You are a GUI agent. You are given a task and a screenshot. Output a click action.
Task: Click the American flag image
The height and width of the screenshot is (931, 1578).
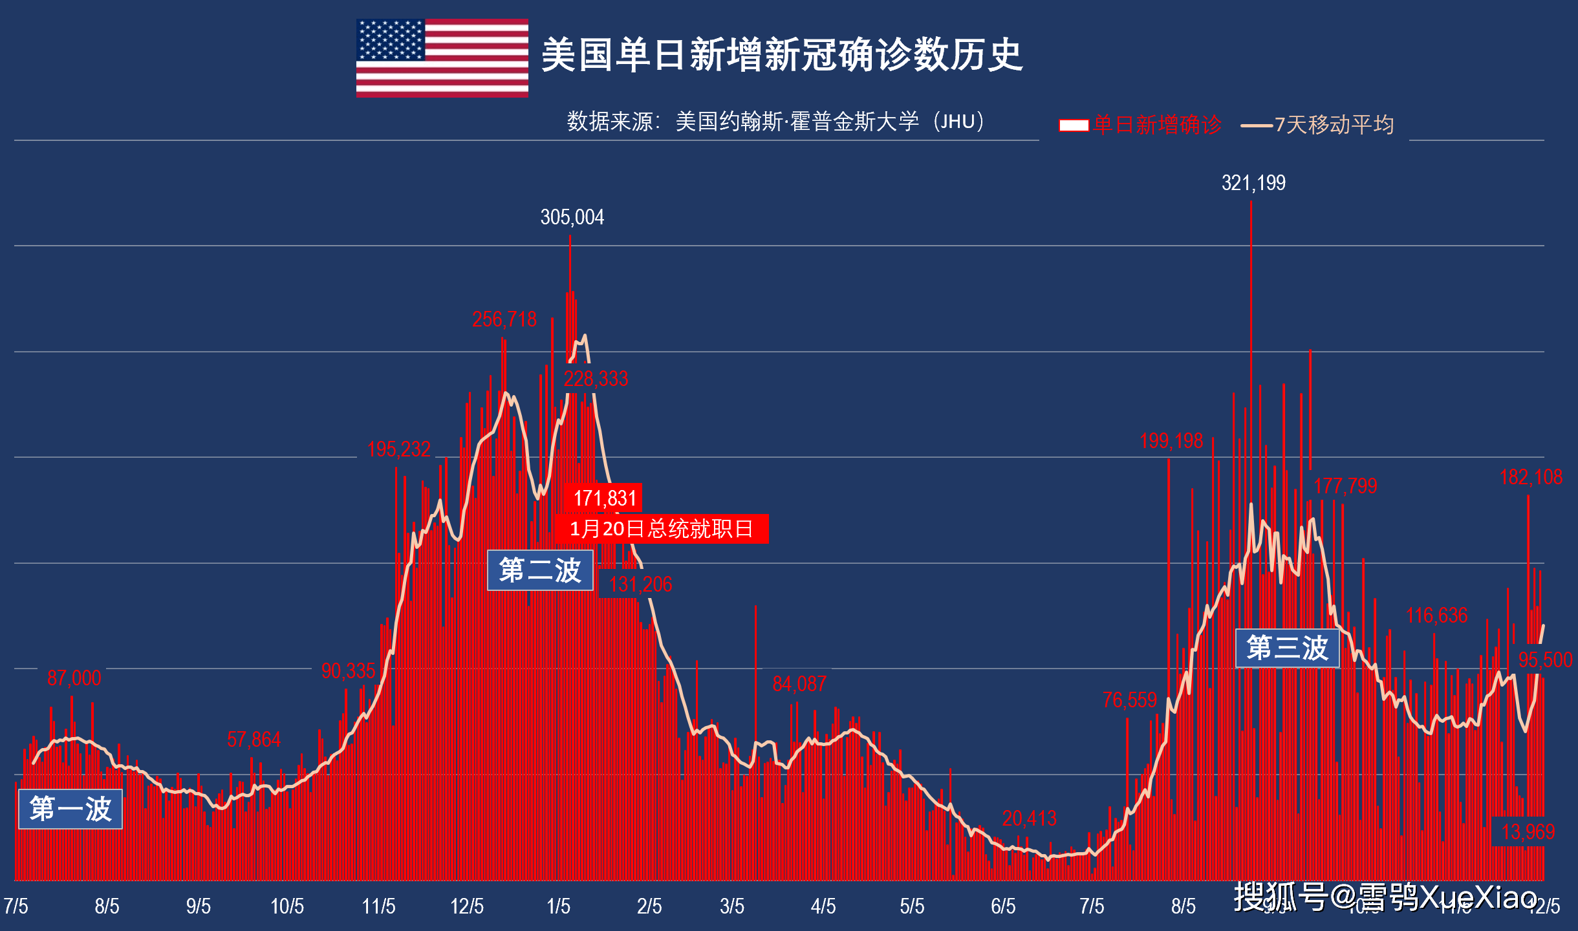coord(442,58)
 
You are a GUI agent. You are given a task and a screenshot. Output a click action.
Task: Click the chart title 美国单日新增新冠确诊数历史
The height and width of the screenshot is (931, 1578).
coord(781,54)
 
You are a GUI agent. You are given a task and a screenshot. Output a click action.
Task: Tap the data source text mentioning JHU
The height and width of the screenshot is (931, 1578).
coord(775,122)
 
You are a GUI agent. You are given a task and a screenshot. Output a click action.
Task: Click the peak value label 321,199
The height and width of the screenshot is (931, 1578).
coord(1253,183)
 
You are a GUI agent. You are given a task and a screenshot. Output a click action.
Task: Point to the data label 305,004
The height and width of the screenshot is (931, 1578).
coord(572,217)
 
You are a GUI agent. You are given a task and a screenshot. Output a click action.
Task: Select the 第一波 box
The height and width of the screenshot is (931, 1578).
coord(70,809)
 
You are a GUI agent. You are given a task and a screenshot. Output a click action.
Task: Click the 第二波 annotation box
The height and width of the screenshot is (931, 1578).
coord(540,570)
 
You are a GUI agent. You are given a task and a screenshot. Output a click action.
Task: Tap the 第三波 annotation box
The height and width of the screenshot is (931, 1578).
coord(1287,648)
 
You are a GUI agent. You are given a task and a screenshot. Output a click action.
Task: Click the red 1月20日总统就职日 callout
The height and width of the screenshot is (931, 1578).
coord(662,529)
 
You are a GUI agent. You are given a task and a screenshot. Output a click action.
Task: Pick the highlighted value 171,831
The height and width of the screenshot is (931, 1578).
coord(605,498)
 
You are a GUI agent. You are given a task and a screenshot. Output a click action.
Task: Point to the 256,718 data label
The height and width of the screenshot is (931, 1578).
coord(504,319)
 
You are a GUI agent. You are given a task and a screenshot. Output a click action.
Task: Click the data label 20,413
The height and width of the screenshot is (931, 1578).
coord(1029,819)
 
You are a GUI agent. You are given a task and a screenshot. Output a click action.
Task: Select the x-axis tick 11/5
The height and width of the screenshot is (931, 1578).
coord(378,906)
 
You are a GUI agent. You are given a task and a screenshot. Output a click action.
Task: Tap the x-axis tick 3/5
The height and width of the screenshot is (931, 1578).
coord(732,906)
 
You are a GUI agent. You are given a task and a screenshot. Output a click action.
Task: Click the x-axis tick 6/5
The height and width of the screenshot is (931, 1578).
coord(1003,906)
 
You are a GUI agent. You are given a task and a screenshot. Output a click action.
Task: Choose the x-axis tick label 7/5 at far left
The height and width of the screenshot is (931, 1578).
coord(16,906)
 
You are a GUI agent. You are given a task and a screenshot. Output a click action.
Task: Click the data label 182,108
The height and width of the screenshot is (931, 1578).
coord(1530,477)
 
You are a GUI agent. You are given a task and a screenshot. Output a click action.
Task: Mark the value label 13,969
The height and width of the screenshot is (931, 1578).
coord(1528,831)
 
